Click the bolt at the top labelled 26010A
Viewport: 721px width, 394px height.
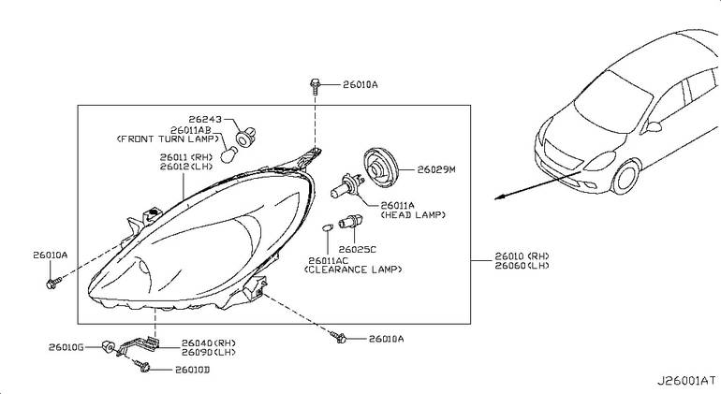(x=315, y=86)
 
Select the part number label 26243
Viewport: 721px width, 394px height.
(x=205, y=119)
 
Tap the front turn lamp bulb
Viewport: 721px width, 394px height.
(x=228, y=154)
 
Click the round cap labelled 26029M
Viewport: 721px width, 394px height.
(x=380, y=168)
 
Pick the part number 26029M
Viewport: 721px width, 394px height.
(x=436, y=169)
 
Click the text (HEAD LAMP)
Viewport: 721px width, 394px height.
(x=413, y=214)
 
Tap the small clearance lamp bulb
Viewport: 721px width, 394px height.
(x=327, y=227)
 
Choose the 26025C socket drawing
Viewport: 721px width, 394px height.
(x=350, y=222)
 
